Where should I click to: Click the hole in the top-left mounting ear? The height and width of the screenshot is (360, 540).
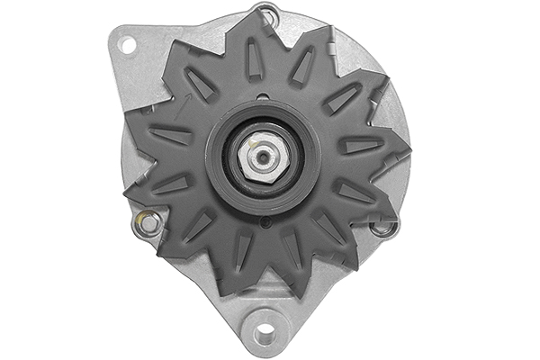[127, 44]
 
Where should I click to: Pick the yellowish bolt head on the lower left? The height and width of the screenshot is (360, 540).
[148, 220]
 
